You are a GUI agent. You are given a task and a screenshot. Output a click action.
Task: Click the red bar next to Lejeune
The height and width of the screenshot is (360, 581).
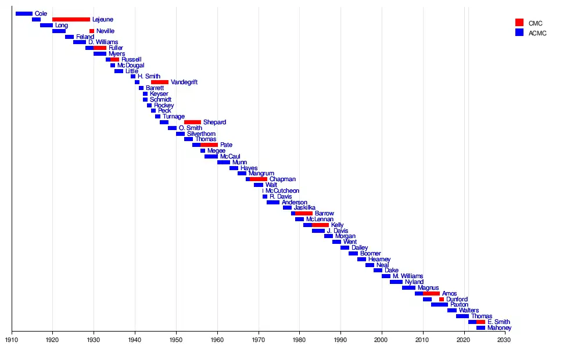pos(71,19)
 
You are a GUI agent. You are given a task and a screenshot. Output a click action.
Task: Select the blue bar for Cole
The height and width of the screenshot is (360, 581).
pos(24,13)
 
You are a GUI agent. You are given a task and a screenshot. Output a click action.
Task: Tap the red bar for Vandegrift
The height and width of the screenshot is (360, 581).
pos(160,82)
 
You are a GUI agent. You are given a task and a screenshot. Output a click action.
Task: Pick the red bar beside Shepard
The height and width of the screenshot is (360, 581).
pos(192,123)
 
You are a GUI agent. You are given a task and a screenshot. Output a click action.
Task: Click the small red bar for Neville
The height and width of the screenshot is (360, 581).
pos(92,31)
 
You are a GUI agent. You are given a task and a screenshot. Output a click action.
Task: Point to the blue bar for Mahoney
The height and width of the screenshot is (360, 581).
pos(480,328)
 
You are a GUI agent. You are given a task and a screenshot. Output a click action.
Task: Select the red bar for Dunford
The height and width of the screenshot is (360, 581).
pos(442,300)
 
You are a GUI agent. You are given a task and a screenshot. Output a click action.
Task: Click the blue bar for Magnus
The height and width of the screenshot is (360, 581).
pos(408,288)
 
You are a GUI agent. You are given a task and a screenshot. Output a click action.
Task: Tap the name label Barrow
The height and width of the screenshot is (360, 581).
pos(324,214)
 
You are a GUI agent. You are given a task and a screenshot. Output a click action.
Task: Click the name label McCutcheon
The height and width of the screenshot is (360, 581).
pos(282,191)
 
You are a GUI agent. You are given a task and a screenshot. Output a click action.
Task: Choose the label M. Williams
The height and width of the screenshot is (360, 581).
pos(408,276)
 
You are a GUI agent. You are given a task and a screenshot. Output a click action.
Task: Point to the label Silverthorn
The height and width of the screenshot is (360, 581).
pos(201,134)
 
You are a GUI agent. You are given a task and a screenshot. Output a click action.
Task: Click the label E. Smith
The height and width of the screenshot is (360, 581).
pos(498,322)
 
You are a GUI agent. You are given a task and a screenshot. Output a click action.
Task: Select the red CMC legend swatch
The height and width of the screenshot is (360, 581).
pos(519,23)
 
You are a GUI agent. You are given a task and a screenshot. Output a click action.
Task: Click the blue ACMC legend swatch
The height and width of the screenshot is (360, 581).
pos(519,33)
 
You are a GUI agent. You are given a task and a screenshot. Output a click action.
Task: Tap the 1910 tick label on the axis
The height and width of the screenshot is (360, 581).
pos(12,340)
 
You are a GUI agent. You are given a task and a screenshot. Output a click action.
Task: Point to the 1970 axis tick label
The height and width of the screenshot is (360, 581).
pos(259,340)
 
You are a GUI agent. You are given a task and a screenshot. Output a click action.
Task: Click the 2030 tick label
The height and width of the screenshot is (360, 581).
pos(504,340)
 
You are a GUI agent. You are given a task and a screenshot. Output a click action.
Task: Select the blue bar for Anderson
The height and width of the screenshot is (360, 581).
pos(273,203)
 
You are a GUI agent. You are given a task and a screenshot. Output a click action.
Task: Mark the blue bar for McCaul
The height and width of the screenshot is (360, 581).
pos(211,157)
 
